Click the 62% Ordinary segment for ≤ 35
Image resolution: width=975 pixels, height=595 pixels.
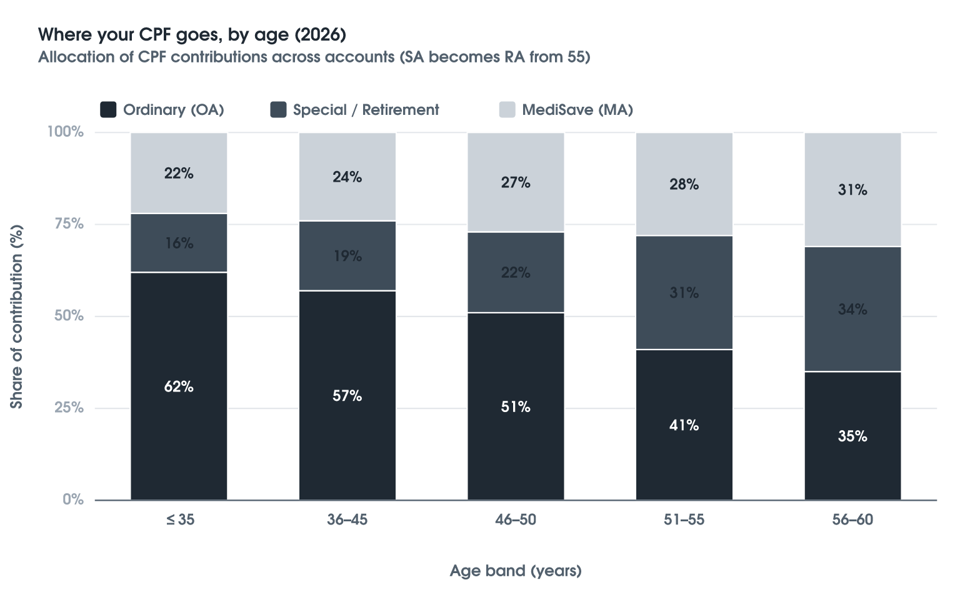pyautogui.click(x=179, y=386)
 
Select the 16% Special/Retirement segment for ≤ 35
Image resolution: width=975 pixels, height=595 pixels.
pyautogui.click(x=179, y=243)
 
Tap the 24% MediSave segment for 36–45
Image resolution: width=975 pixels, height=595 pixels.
pyautogui.click(x=347, y=177)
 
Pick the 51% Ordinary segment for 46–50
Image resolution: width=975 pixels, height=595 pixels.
pyautogui.click(x=516, y=406)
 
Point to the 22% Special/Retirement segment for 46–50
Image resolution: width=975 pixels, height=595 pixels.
pyautogui.click(x=516, y=272)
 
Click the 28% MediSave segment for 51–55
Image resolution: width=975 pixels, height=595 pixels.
pyautogui.click(x=684, y=184)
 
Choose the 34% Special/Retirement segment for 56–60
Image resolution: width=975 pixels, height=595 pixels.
pyautogui.click(x=852, y=309)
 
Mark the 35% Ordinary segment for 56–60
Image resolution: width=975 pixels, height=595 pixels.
pyautogui.click(x=852, y=436)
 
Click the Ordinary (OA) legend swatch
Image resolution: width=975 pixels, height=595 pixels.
pyautogui.click(x=108, y=110)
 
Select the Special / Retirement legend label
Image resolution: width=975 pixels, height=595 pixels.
pyautogui.click(x=366, y=110)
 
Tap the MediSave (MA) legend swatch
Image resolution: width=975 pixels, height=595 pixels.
pyautogui.click(x=507, y=110)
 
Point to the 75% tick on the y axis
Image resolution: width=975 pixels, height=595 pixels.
pyautogui.click(x=69, y=224)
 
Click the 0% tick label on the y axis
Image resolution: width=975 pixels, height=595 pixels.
pyautogui.click(x=73, y=499)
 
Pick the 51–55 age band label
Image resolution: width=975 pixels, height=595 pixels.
pyautogui.click(x=684, y=519)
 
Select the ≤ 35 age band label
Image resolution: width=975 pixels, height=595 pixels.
pyautogui.click(x=180, y=519)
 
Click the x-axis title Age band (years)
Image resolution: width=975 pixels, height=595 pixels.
pyautogui.click(x=516, y=570)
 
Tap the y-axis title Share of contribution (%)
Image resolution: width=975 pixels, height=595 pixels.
pyautogui.click(x=16, y=317)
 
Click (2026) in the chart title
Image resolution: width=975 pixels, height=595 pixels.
pyautogui.click(x=321, y=34)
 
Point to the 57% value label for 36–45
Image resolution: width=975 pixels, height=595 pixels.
pyautogui.click(x=347, y=396)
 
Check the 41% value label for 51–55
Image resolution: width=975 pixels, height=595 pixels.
pyautogui.click(x=684, y=425)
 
